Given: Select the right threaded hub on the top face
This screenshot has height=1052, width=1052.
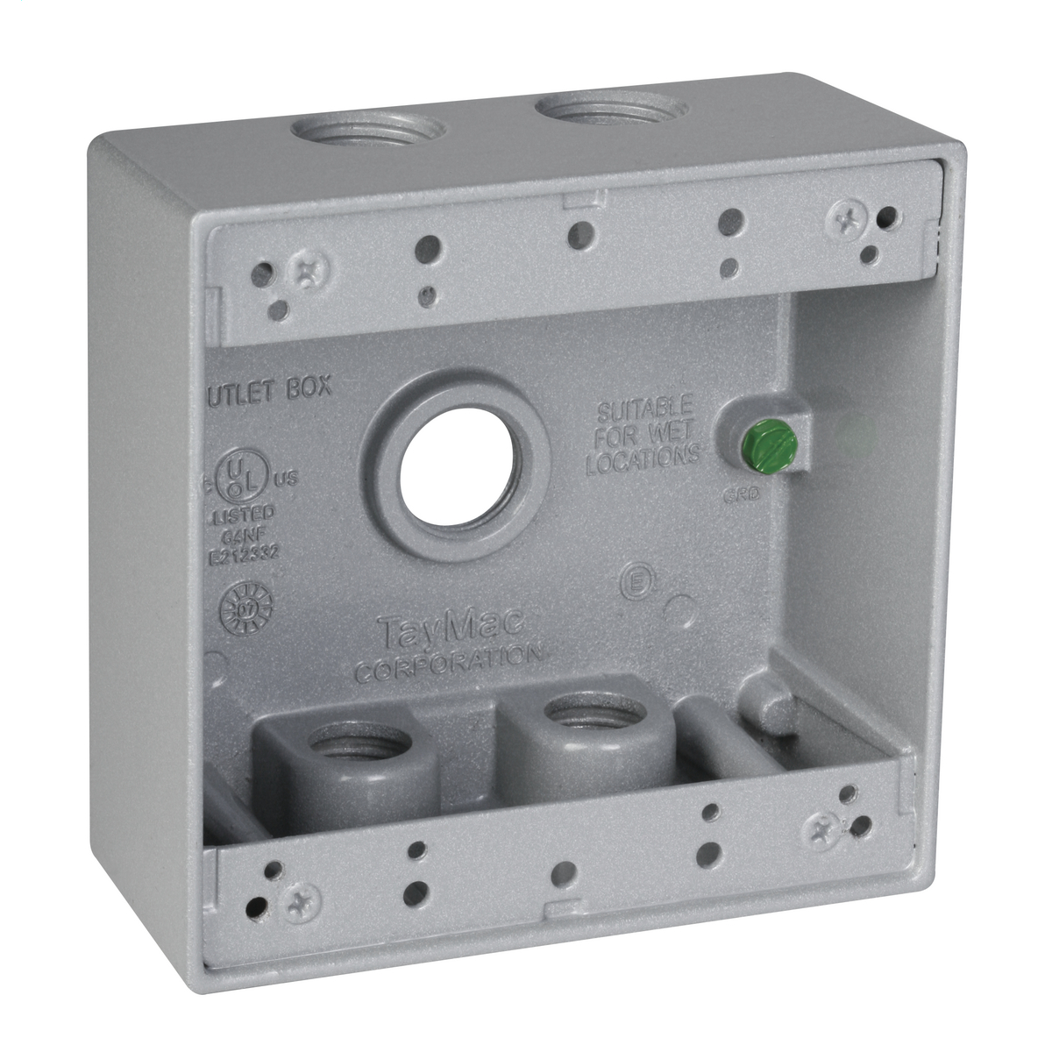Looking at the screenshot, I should tap(611, 111).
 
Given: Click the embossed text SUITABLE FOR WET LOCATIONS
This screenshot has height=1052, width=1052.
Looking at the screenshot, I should tap(643, 436).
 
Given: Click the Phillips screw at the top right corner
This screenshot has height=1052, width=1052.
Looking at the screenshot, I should tap(847, 214).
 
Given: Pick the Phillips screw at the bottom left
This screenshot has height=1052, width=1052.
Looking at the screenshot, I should tap(301, 900).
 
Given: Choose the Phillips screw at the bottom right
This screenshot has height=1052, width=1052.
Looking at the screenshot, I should tap(821, 827).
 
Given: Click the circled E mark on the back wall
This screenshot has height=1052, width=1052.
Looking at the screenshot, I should tap(633, 583).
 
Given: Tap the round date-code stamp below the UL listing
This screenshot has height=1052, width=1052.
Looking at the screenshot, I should tap(245, 608).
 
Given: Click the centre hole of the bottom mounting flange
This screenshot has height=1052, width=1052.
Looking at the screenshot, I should tap(565, 873).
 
